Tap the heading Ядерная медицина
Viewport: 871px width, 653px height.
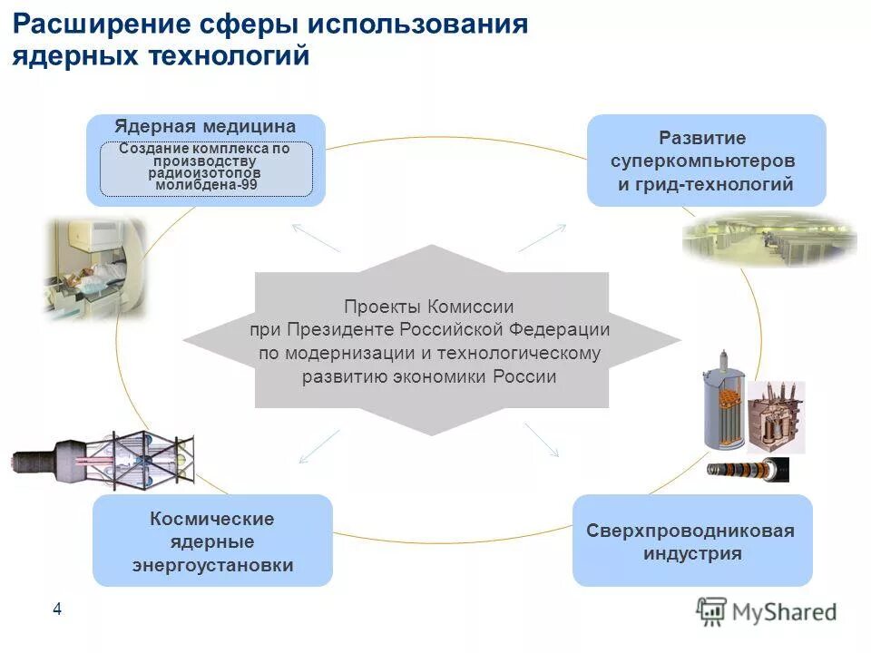[205, 127]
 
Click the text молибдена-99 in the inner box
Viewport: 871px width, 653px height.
[206, 184]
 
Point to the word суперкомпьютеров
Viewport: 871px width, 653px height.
[703, 161]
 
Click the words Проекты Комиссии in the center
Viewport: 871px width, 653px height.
[429, 307]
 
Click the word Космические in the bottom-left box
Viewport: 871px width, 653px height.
[212, 519]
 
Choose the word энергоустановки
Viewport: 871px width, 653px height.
[212, 565]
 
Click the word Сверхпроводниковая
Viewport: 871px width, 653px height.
[690, 531]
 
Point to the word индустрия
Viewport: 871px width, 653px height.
[691, 553]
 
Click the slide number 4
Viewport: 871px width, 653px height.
[57, 609]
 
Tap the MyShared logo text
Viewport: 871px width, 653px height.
[784, 612]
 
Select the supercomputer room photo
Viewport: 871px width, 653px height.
[769, 239]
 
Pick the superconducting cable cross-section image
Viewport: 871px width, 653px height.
[749, 469]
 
